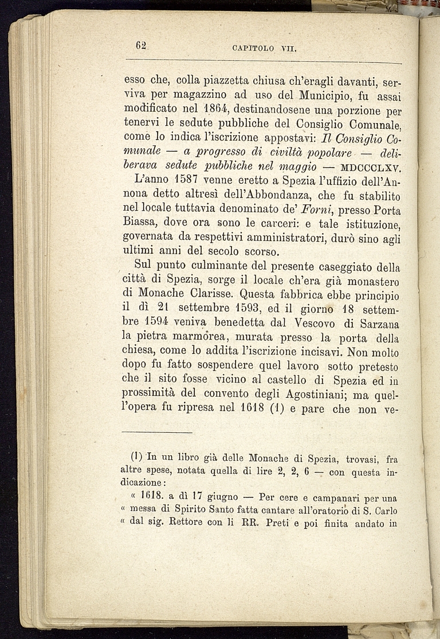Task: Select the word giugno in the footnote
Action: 220,498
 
